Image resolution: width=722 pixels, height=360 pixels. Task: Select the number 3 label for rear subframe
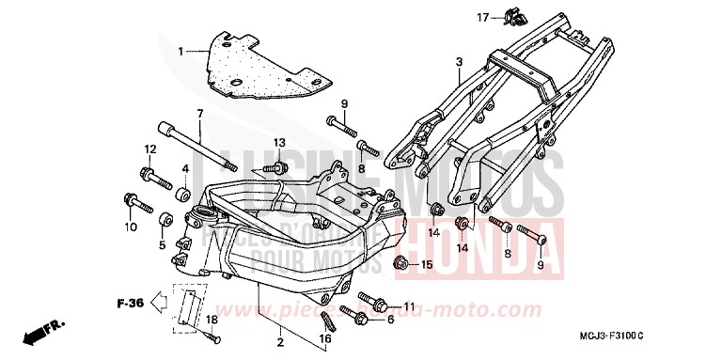pyautogui.click(x=458, y=63)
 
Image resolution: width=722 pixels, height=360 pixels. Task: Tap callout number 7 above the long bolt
pyautogui.click(x=199, y=114)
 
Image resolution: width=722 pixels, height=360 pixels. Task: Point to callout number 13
pyautogui.click(x=279, y=142)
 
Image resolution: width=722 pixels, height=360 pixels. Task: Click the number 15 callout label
pyautogui.click(x=427, y=265)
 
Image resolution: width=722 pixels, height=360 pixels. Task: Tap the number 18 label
pyautogui.click(x=212, y=321)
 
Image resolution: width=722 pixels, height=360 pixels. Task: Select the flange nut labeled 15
pyautogui.click(x=400, y=262)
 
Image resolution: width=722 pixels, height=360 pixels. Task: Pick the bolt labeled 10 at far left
pyautogui.click(x=134, y=200)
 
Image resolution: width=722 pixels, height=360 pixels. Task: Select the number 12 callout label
pyautogui.click(x=149, y=149)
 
